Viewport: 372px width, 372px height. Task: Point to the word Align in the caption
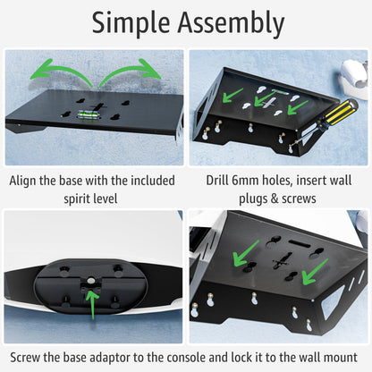click(28, 180)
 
